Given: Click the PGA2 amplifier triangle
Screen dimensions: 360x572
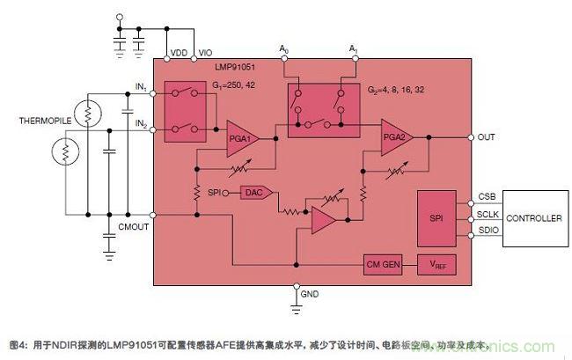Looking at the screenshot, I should (397, 137).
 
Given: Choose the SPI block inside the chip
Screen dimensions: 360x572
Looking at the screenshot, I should (437, 216).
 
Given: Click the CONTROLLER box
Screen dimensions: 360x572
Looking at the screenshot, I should (533, 217).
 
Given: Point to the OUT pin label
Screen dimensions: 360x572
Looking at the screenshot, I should (488, 137).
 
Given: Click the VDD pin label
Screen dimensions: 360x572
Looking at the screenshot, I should (177, 53).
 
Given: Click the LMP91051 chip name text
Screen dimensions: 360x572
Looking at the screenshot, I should (233, 67).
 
